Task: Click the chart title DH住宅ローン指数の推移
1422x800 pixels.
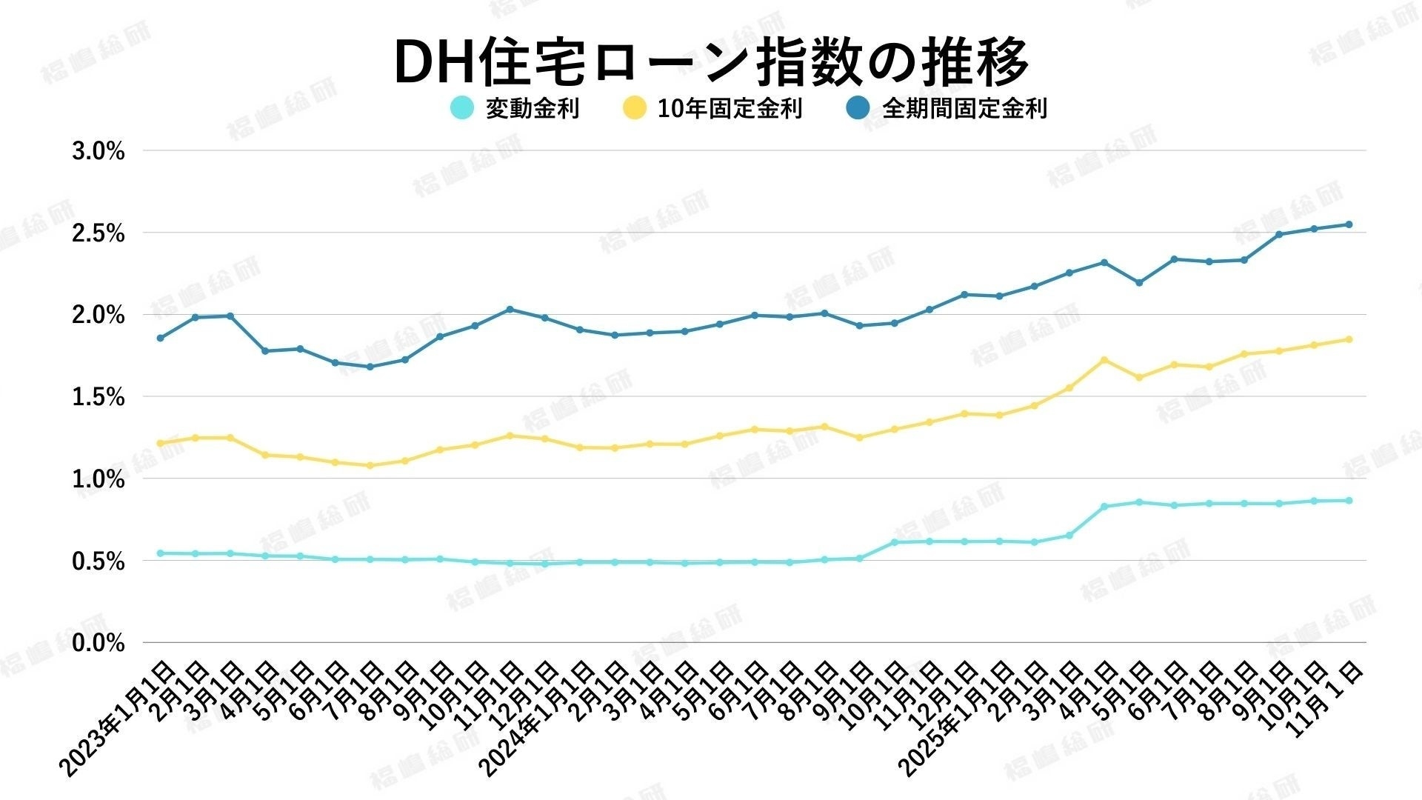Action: click(711, 61)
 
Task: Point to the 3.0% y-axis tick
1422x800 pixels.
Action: click(99, 152)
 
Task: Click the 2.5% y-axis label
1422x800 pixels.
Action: click(99, 234)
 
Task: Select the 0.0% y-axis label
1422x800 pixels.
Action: click(99, 643)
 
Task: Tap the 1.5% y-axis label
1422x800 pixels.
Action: click(99, 398)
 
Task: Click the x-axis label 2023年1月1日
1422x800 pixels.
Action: click(118, 719)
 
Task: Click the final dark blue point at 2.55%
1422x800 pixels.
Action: click(1349, 224)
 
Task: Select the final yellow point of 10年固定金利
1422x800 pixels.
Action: click(1349, 339)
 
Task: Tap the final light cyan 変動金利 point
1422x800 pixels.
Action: click(1349, 501)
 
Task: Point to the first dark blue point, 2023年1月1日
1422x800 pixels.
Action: click(160, 338)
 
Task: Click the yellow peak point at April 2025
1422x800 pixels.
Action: click(1104, 360)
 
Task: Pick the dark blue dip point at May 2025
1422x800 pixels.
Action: click(1139, 282)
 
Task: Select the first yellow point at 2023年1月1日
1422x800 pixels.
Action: click(160, 443)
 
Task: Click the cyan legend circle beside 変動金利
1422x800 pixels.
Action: click(462, 108)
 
